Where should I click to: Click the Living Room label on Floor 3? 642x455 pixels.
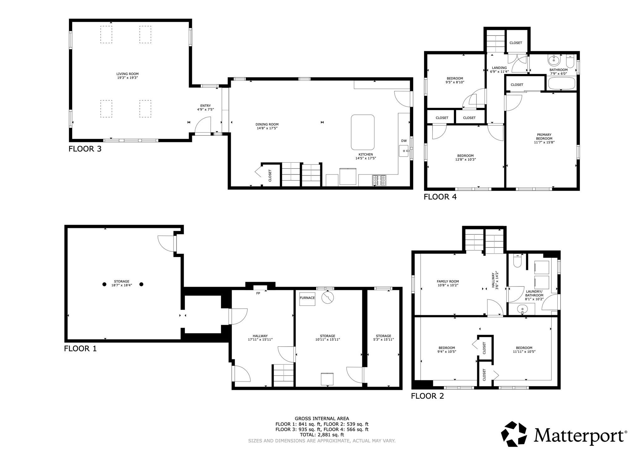[127, 76]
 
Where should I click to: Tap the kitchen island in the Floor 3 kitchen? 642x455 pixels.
[363, 132]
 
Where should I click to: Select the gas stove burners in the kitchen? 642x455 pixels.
[379, 180]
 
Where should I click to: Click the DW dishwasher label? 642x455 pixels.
[404, 141]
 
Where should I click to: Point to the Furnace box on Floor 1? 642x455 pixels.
[307, 298]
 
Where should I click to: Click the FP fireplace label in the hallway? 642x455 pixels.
[258, 293]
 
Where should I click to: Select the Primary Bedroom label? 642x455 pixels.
[544, 138]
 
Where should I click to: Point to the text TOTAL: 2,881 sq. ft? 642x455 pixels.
[322, 435]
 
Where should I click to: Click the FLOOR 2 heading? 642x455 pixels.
[427, 396]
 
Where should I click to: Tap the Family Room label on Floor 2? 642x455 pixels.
[448, 283]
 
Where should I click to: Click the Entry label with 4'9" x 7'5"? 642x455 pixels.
[205, 107]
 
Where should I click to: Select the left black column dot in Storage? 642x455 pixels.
[104, 284]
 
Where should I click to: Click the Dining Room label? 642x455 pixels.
[267, 126]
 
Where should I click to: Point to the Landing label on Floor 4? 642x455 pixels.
[499, 69]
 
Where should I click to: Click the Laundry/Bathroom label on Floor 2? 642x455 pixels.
[534, 295]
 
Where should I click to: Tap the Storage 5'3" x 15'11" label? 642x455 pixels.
[383, 337]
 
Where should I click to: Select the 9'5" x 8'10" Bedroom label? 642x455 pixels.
[455, 80]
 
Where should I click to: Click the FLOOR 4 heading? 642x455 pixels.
[440, 197]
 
